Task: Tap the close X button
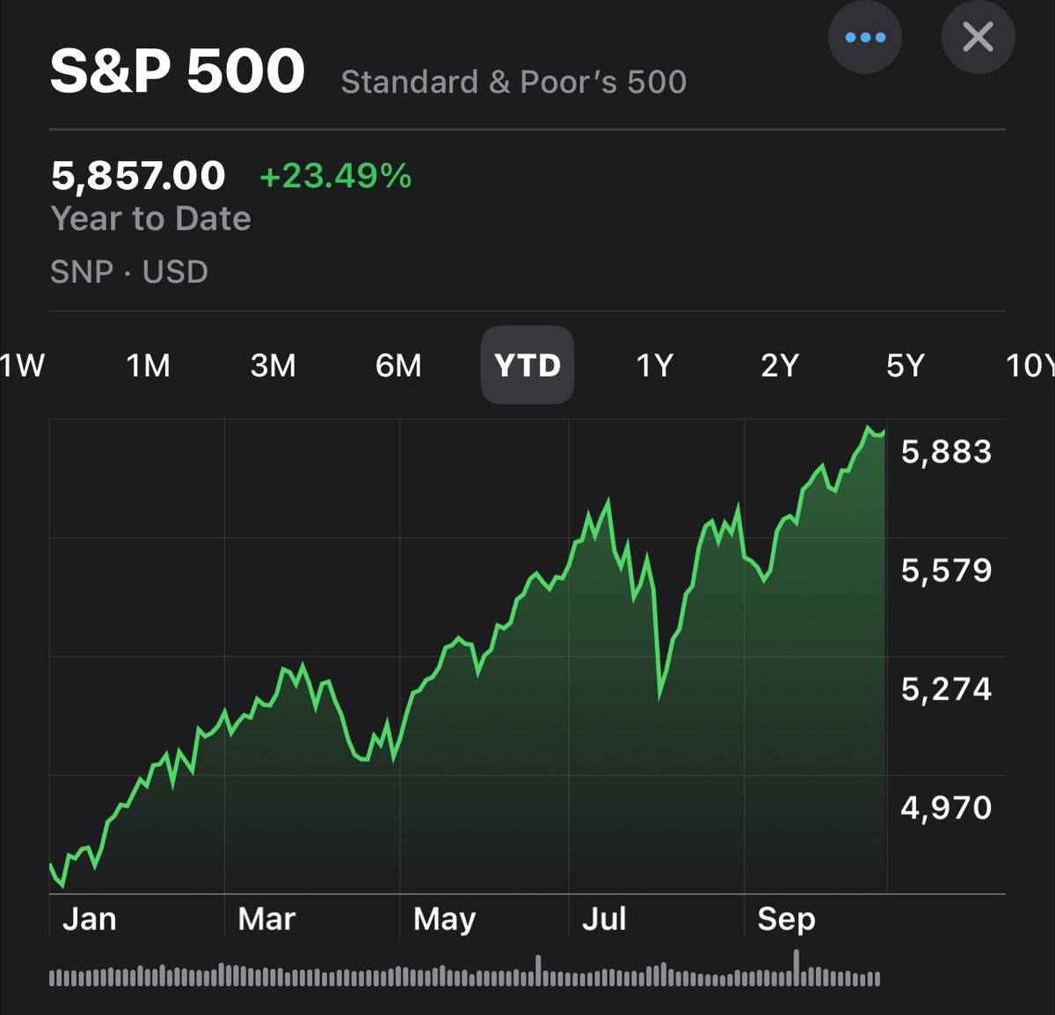pos(978,38)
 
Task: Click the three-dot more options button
pos(865,38)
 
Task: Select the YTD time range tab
pos(527,365)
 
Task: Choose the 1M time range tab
pos(148,365)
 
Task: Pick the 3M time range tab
pos(273,365)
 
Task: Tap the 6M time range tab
pos(398,365)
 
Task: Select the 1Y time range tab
pos(654,365)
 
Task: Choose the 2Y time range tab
pos(780,365)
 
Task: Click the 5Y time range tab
pos(906,365)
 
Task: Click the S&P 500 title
pos(178,71)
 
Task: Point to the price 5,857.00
pos(138,176)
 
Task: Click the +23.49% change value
pos(335,176)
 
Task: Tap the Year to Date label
pos(150,218)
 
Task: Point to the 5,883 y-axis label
pos(946,451)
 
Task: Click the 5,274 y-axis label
pos(946,689)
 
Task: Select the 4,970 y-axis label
pos(946,807)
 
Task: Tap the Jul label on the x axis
pos(604,919)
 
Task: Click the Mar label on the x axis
pos(266,919)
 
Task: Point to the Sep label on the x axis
pos(786,919)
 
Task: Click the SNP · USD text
pos(129,272)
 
